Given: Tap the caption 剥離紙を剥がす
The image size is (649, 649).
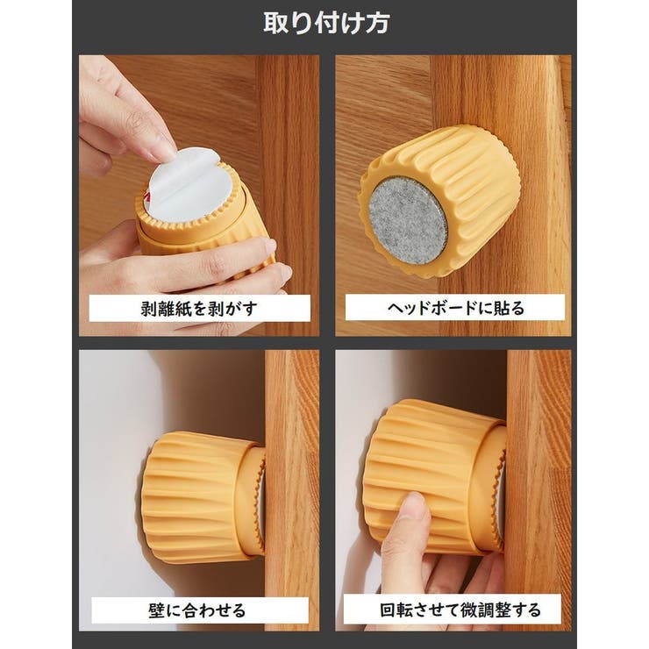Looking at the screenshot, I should click(199, 308).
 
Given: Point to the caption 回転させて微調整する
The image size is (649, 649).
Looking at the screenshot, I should click(453, 610).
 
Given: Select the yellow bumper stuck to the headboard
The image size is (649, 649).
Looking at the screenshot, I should click(439, 206).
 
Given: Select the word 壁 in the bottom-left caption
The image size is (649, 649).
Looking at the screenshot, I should click(159, 610).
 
